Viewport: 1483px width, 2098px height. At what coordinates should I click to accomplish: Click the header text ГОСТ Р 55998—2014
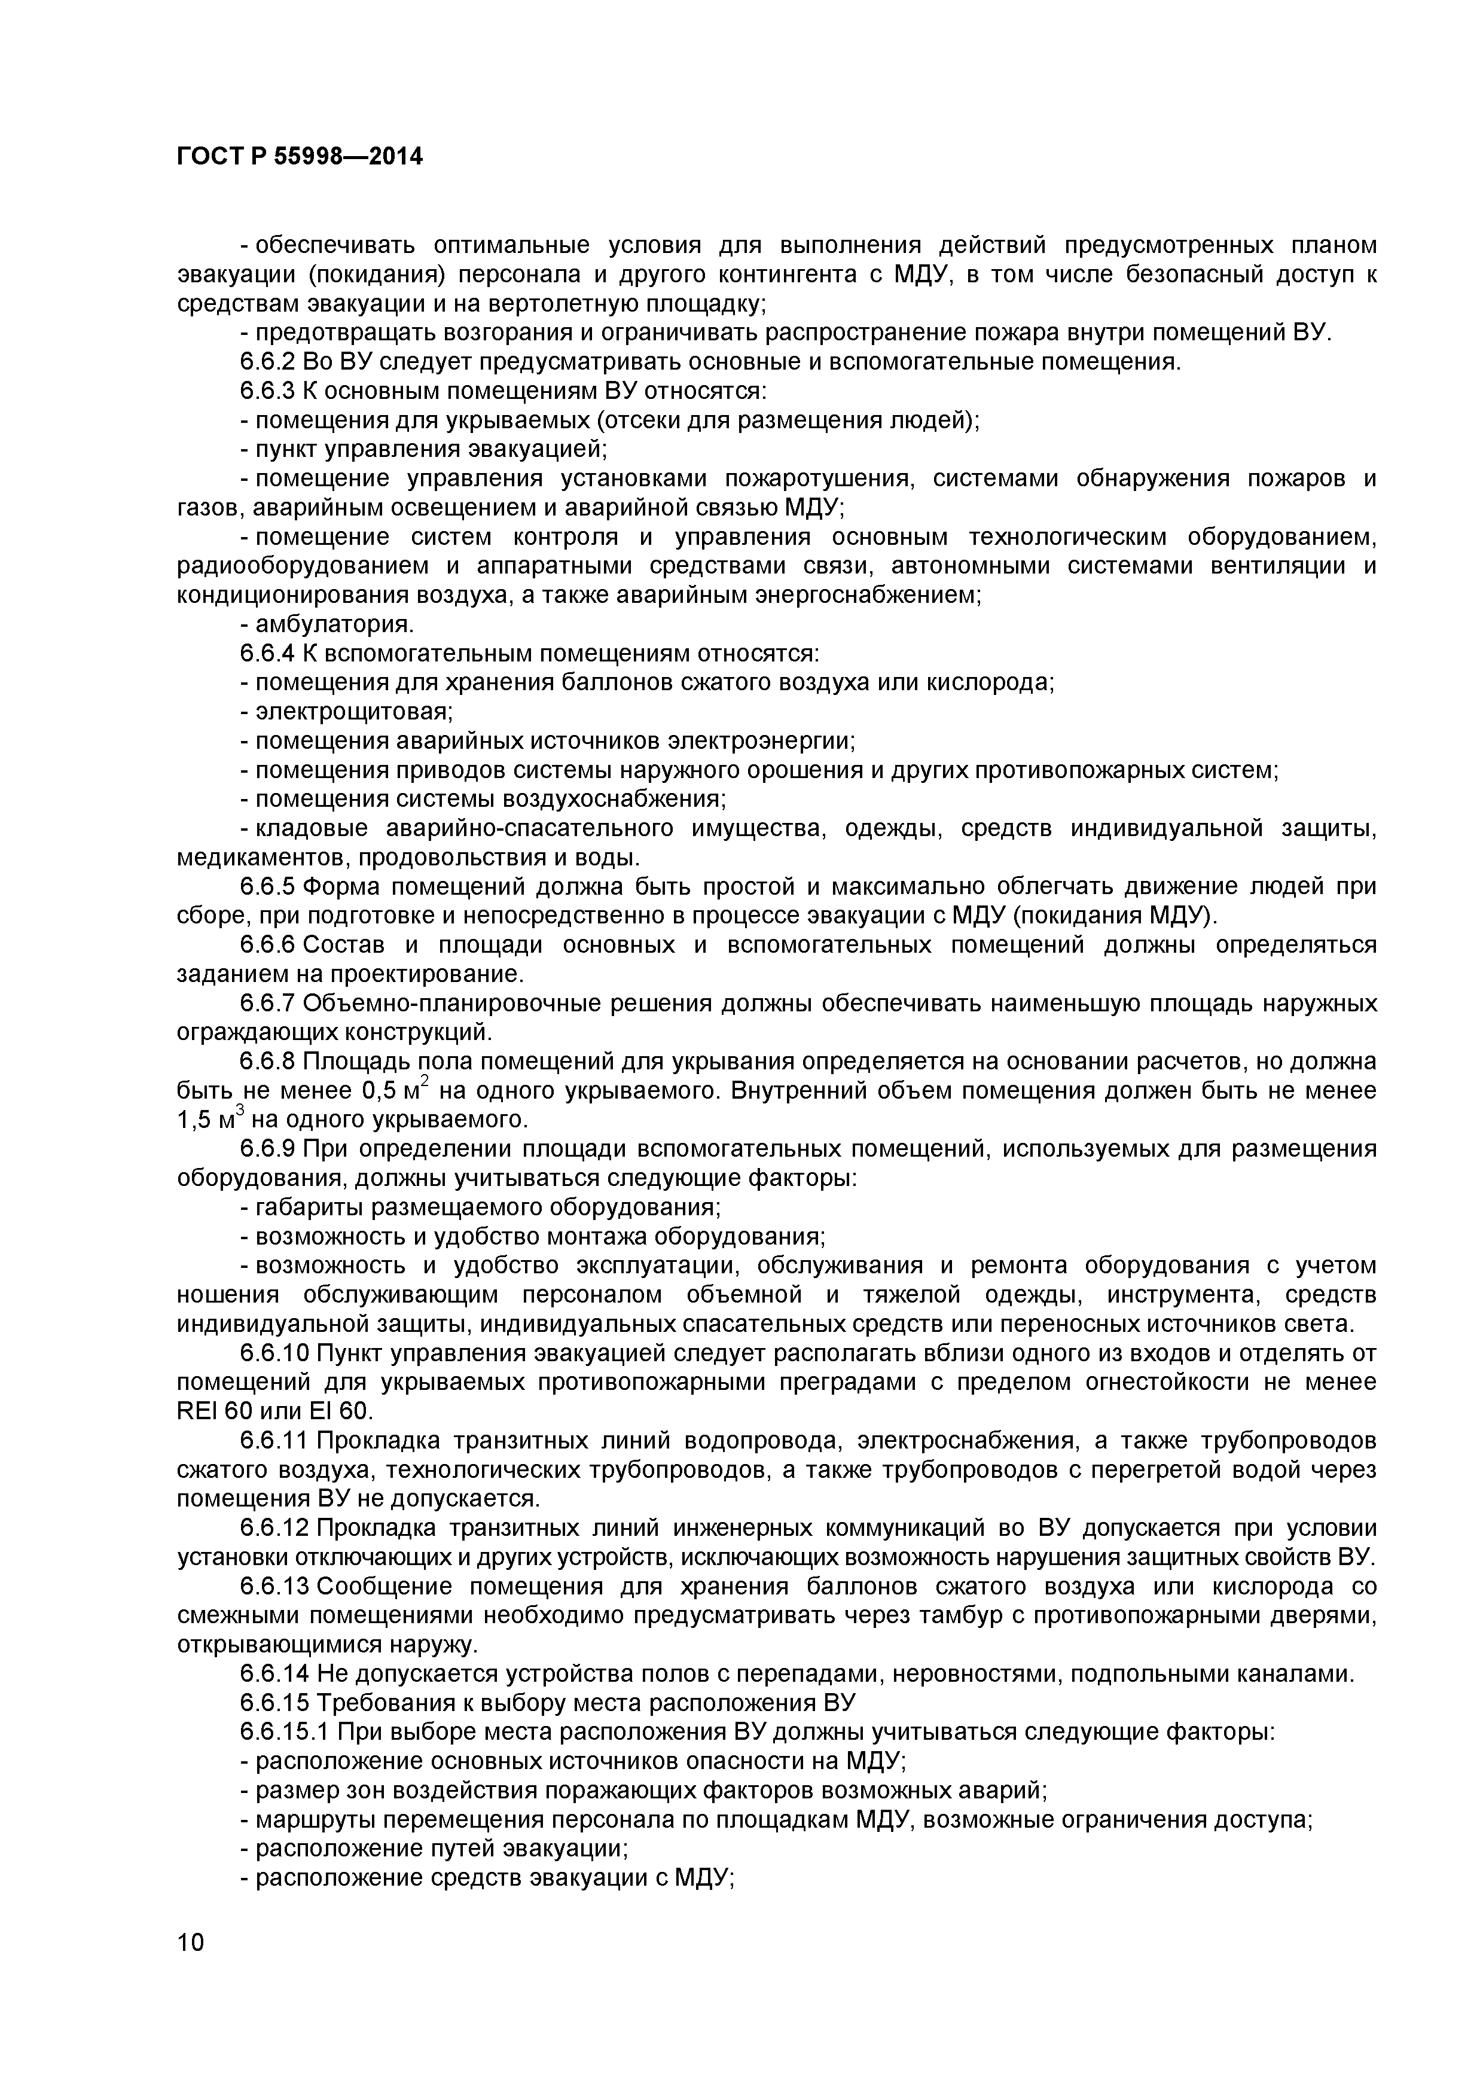click(x=300, y=157)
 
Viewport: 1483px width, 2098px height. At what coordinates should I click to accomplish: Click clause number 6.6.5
click(x=267, y=886)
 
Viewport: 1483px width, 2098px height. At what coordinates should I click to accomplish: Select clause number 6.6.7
click(x=267, y=1004)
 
